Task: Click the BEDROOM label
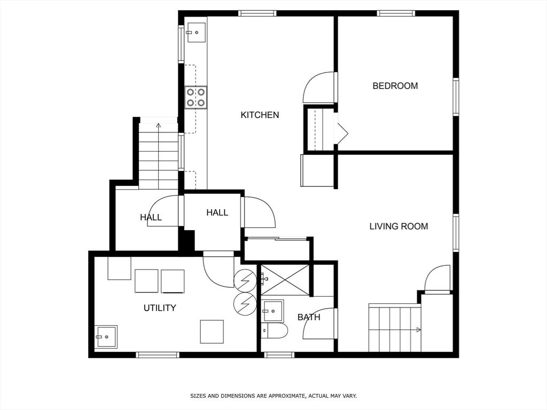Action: click(395, 86)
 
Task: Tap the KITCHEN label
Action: click(260, 115)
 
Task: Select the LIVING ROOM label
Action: click(398, 226)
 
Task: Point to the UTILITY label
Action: click(160, 308)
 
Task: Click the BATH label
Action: click(309, 317)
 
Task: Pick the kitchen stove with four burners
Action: click(196, 97)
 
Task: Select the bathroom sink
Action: click(273, 311)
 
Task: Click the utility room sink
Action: click(106, 337)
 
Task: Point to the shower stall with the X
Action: click(284, 279)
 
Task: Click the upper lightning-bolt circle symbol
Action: click(245, 279)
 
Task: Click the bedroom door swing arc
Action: click(317, 88)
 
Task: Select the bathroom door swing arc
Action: click(318, 324)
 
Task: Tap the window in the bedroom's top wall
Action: click(396, 13)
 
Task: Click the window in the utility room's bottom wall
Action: click(157, 354)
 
